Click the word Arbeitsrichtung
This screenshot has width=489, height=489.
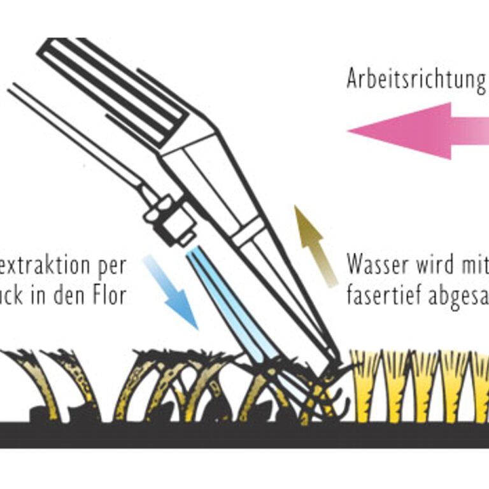click(416, 79)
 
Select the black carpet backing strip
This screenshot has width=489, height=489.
click(244, 435)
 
